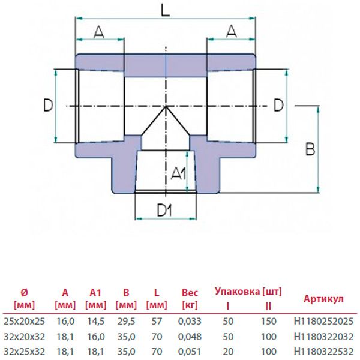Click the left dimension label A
[100, 33]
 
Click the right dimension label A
[230, 33]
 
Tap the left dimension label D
[47, 106]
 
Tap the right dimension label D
[278, 106]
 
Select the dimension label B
[310, 148]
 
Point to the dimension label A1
[178, 175]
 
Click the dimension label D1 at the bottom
[165, 210]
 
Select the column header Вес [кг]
[190, 299]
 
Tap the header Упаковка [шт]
[248, 292]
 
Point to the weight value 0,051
[190, 350]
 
